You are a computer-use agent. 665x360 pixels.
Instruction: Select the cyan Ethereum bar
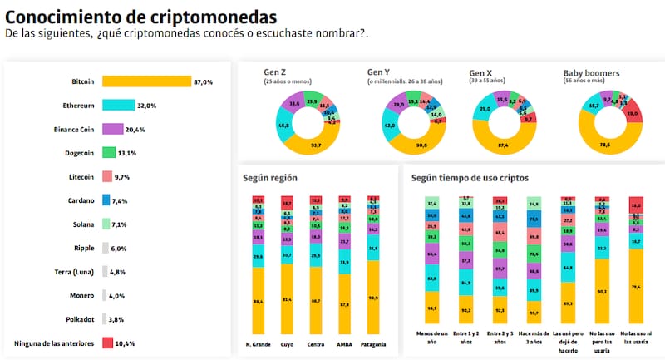[x=118, y=106]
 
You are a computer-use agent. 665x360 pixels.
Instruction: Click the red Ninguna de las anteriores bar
[x=107, y=343]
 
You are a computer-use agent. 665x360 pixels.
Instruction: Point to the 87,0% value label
[x=204, y=82]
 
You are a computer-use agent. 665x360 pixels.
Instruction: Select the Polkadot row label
[x=77, y=318]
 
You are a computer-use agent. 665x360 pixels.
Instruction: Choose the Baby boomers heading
[x=591, y=73]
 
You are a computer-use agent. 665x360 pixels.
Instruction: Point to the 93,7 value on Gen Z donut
[x=293, y=146]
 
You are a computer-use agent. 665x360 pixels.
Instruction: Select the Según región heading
[x=270, y=178]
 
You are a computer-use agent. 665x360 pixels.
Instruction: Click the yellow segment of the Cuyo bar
[x=287, y=300]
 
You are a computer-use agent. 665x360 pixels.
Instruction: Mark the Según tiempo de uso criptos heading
[x=470, y=178]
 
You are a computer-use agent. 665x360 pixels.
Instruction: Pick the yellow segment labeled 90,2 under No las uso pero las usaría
[x=601, y=292]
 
